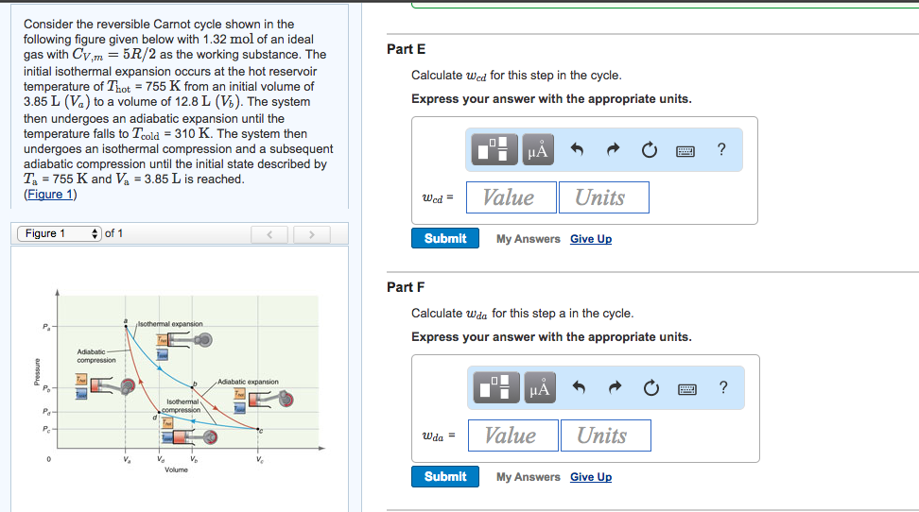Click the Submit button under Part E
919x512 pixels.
pos(445,239)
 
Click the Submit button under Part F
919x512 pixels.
pos(445,477)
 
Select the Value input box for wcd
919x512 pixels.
pos(509,197)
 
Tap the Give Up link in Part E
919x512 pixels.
pos(591,239)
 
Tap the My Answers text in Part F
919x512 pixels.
pos(529,477)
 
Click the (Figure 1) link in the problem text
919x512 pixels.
pos(50,195)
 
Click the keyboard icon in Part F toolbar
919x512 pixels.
pos(687,387)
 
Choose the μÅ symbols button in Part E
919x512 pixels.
pos(538,149)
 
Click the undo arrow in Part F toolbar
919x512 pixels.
pos(576,387)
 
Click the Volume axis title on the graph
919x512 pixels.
pos(176,469)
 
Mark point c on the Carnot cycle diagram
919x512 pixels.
pos(260,432)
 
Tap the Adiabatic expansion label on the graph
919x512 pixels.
pos(248,382)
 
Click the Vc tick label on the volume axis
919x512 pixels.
pos(259,460)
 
